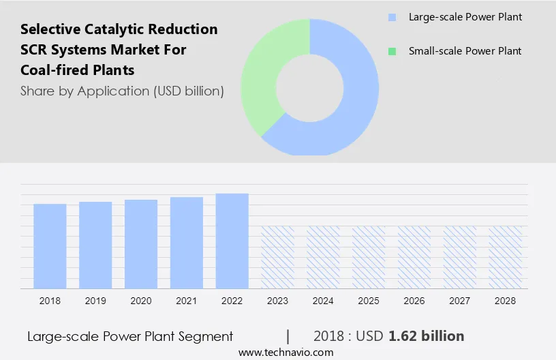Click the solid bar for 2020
click(x=141, y=243)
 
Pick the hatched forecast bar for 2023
click(x=278, y=257)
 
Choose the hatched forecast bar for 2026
click(x=414, y=257)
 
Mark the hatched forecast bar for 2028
click(x=506, y=257)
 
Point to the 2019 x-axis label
click(x=95, y=301)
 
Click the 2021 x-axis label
click(x=187, y=301)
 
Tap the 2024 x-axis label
click(x=324, y=301)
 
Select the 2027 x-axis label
click(x=460, y=301)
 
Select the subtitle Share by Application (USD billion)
click(x=122, y=91)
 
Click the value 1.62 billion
click(x=427, y=336)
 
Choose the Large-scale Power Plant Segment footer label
click(x=130, y=336)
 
